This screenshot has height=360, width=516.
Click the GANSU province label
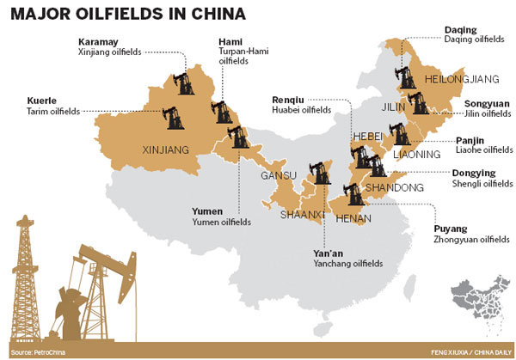coord(279,176)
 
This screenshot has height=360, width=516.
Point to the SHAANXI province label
coord(304,214)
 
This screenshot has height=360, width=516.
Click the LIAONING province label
coord(397,156)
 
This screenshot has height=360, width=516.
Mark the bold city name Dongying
coord(473,172)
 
